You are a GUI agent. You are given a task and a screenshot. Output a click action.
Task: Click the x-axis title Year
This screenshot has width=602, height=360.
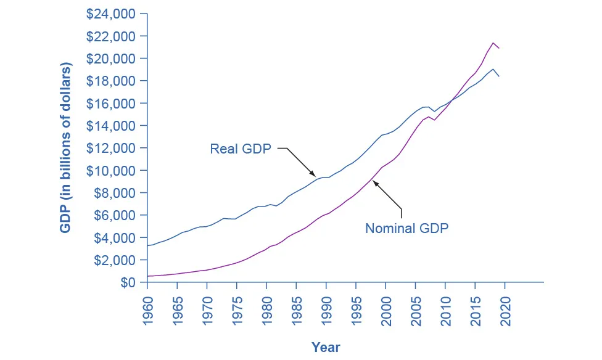(x=325, y=347)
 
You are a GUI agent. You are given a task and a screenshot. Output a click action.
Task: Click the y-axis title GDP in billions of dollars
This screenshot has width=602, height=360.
(x=65, y=148)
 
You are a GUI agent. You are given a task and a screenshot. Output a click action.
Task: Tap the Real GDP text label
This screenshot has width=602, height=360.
(x=241, y=149)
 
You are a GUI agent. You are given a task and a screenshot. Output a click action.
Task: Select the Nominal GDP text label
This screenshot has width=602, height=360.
(x=406, y=228)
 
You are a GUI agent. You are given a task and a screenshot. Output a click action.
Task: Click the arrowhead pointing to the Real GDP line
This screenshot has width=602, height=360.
(x=315, y=176)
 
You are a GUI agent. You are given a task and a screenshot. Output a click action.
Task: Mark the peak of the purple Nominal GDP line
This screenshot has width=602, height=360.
(x=493, y=43)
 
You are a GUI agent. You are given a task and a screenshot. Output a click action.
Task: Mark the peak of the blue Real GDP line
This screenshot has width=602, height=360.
(x=493, y=69)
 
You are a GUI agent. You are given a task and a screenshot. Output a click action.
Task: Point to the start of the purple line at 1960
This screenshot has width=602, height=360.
(x=147, y=276)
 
